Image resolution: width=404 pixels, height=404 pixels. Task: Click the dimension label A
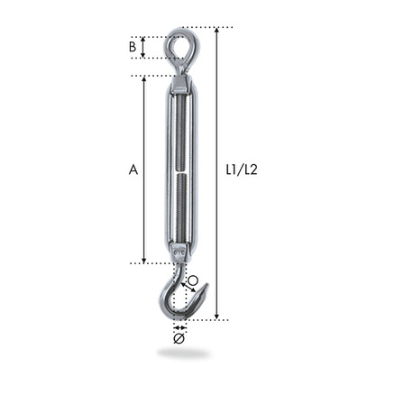click(x=133, y=170)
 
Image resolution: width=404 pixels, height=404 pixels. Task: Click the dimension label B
click(x=133, y=47)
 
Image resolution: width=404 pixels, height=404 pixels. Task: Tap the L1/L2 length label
click(x=242, y=170)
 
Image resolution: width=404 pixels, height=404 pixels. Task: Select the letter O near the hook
click(x=193, y=280)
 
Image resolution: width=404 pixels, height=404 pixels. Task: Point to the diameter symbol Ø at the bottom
click(x=179, y=338)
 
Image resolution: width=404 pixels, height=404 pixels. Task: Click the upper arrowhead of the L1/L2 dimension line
click(x=216, y=30)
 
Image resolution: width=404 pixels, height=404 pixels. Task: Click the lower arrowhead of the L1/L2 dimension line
click(x=216, y=317)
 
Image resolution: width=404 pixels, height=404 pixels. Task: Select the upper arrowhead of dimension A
click(x=144, y=79)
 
